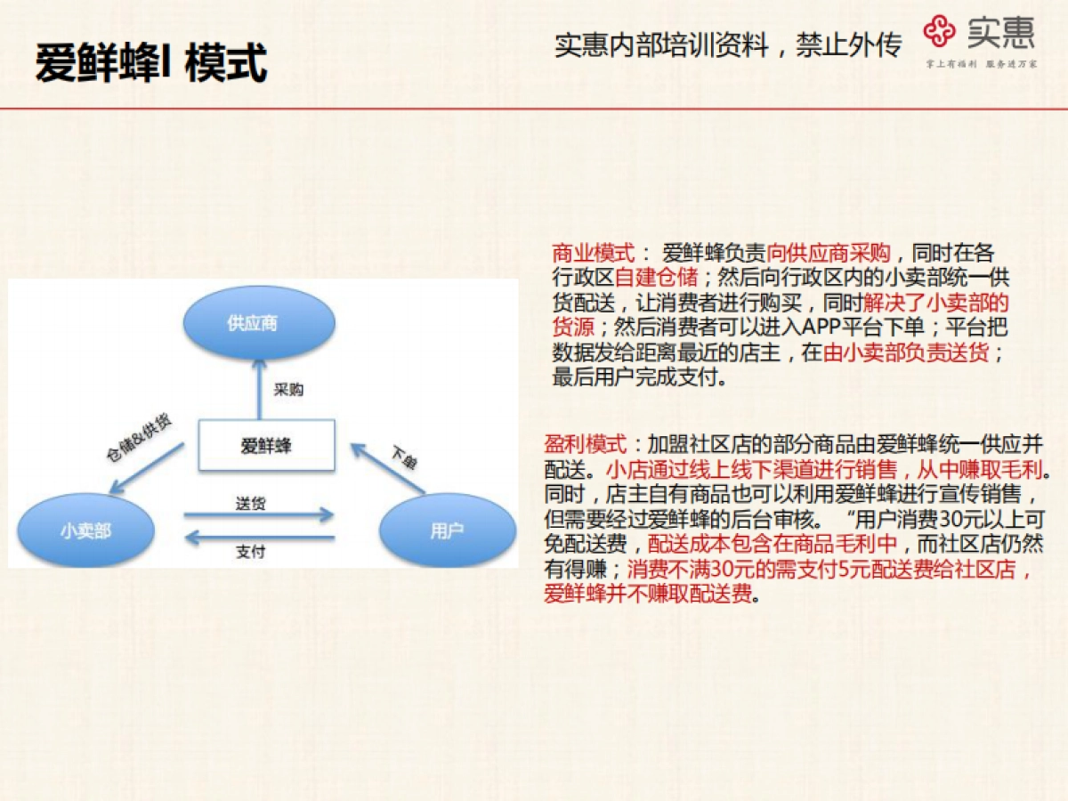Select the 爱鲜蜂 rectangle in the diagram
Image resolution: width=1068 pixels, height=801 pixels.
click(x=266, y=445)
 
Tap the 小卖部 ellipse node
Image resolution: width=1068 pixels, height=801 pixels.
click(x=86, y=531)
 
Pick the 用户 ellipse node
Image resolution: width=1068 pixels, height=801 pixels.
click(x=447, y=531)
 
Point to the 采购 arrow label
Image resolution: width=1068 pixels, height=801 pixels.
click(x=288, y=390)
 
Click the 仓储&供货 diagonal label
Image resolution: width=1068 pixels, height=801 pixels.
click(x=139, y=438)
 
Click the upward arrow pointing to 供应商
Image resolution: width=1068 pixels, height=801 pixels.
click(x=259, y=388)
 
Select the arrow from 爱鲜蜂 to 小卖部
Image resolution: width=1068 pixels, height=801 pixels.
click(x=146, y=467)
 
